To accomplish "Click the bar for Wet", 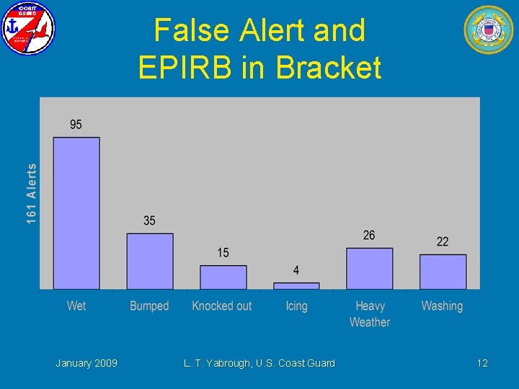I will [x=76, y=213].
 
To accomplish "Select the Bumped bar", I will [x=150, y=261].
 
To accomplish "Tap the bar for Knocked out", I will [x=223, y=277].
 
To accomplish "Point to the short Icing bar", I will [x=296, y=286].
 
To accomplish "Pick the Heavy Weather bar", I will [x=370, y=269].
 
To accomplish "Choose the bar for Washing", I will [x=443, y=272].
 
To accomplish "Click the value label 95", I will [x=76, y=125].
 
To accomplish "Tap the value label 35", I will [x=149, y=220].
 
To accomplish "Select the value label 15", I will [x=223, y=253].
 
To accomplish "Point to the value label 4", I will [x=296, y=270].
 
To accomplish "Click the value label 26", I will [x=369, y=236].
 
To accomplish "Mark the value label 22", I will [x=443, y=241].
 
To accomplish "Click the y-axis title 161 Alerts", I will [x=32, y=193].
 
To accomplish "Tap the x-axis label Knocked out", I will [x=222, y=306].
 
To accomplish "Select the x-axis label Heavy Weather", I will [x=370, y=314].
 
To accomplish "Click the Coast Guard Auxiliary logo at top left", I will [x=28, y=29].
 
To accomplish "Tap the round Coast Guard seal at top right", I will [x=489, y=30].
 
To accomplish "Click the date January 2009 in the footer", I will [x=86, y=363].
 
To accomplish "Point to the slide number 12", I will [x=482, y=363].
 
